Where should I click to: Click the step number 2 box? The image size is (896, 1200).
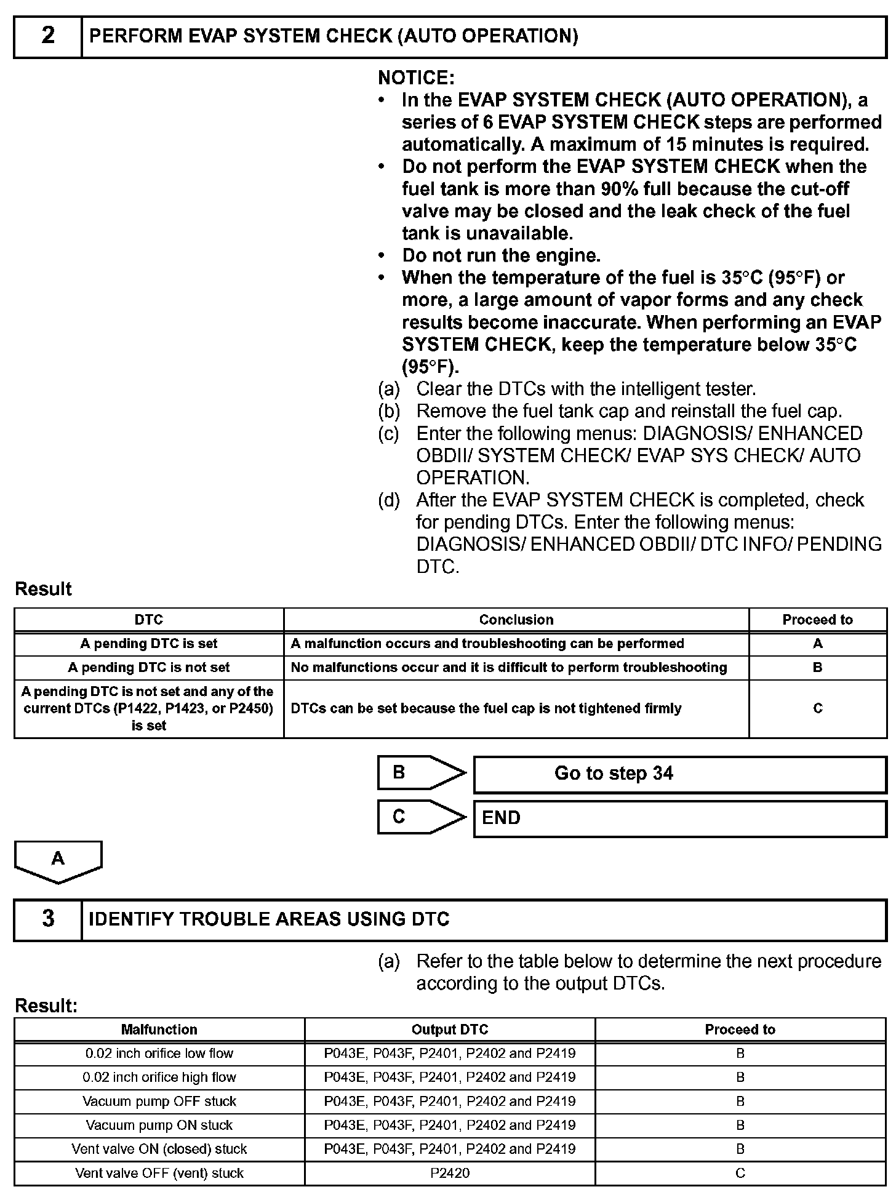(48, 36)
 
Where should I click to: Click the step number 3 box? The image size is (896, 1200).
(48, 919)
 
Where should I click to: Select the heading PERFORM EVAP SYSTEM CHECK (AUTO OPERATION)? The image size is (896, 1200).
(334, 36)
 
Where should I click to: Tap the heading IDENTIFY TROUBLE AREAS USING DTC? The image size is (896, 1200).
(269, 919)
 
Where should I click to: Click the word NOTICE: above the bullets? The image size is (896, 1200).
(416, 78)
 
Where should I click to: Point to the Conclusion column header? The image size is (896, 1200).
(516, 620)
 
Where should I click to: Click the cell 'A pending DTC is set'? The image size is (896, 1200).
(149, 644)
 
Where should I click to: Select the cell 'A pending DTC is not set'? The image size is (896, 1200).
(149, 668)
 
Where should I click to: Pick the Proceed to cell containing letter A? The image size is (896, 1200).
(817, 644)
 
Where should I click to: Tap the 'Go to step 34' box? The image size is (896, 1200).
(679, 774)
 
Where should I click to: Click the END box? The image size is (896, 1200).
(679, 818)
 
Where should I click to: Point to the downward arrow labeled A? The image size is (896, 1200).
(58, 860)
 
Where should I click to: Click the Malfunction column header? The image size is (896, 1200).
(159, 1030)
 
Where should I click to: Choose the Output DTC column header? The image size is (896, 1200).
(450, 1030)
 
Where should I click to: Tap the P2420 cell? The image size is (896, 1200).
(450, 1173)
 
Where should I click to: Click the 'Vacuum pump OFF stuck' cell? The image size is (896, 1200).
(159, 1101)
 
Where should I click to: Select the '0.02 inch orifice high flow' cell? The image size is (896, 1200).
(159, 1077)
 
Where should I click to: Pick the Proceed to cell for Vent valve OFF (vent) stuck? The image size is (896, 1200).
(740, 1173)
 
